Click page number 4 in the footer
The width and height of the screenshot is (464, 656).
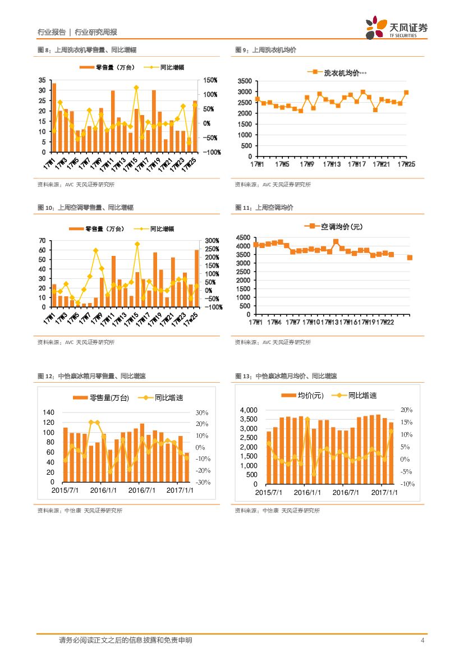pos(422,640)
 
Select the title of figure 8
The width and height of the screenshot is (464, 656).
pos(87,51)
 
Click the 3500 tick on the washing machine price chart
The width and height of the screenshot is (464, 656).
pos(245,81)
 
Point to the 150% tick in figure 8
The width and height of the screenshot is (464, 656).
pos(210,81)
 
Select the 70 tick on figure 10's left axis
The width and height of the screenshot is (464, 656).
pos(42,241)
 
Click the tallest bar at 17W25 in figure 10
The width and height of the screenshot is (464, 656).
pos(196,278)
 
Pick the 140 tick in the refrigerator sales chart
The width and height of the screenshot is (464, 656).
pos(48,412)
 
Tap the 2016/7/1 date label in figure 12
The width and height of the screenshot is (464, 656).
pos(141,490)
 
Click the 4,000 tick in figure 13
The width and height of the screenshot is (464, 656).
pos(249,411)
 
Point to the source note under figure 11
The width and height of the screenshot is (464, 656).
pos(273,342)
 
